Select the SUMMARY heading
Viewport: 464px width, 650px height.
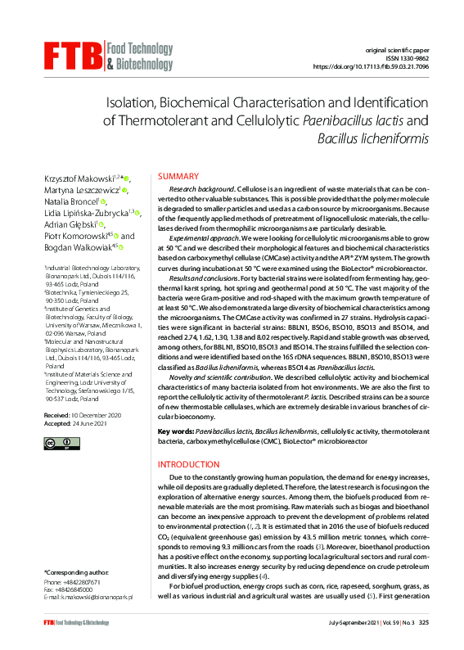[x=178, y=177]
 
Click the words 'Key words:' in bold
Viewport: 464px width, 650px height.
[x=175, y=429]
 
